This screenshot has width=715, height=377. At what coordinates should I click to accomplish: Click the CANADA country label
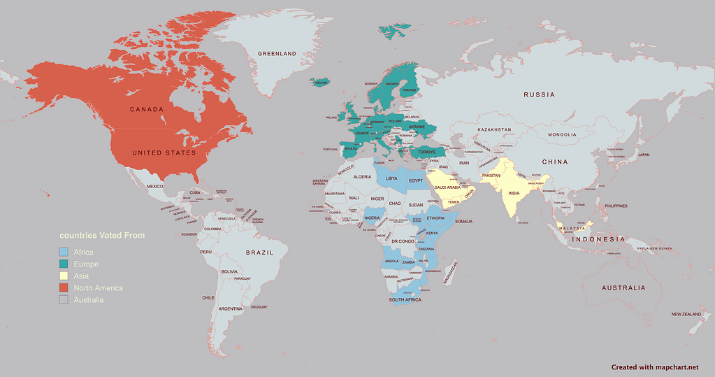[x=146, y=109]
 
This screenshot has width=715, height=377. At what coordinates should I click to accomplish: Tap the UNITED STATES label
[x=165, y=152]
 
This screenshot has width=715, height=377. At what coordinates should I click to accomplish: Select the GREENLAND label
[x=277, y=54]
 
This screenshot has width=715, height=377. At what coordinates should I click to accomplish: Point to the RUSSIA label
[x=539, y=94]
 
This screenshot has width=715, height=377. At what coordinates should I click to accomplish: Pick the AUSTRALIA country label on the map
[x=623, y=287]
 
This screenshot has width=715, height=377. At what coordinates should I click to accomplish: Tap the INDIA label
[x=514, y=193]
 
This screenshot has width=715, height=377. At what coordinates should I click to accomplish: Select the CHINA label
[x=554, y=162]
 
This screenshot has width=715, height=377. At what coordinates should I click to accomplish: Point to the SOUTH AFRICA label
[x=405, y=299]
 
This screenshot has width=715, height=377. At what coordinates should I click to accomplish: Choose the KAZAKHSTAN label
[x=495, y=130]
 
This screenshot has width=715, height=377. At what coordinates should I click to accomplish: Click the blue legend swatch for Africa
[x=64, y=252]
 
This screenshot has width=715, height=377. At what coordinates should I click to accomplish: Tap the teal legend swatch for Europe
[x=64, y=264]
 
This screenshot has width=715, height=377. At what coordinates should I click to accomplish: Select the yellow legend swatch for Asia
[x=64, y=276]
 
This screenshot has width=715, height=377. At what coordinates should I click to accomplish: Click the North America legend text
[x=98, y=288]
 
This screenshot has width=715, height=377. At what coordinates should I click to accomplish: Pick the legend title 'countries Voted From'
[x=101, y=236]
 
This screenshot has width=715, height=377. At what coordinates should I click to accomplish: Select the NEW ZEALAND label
[x=686, y=315]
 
